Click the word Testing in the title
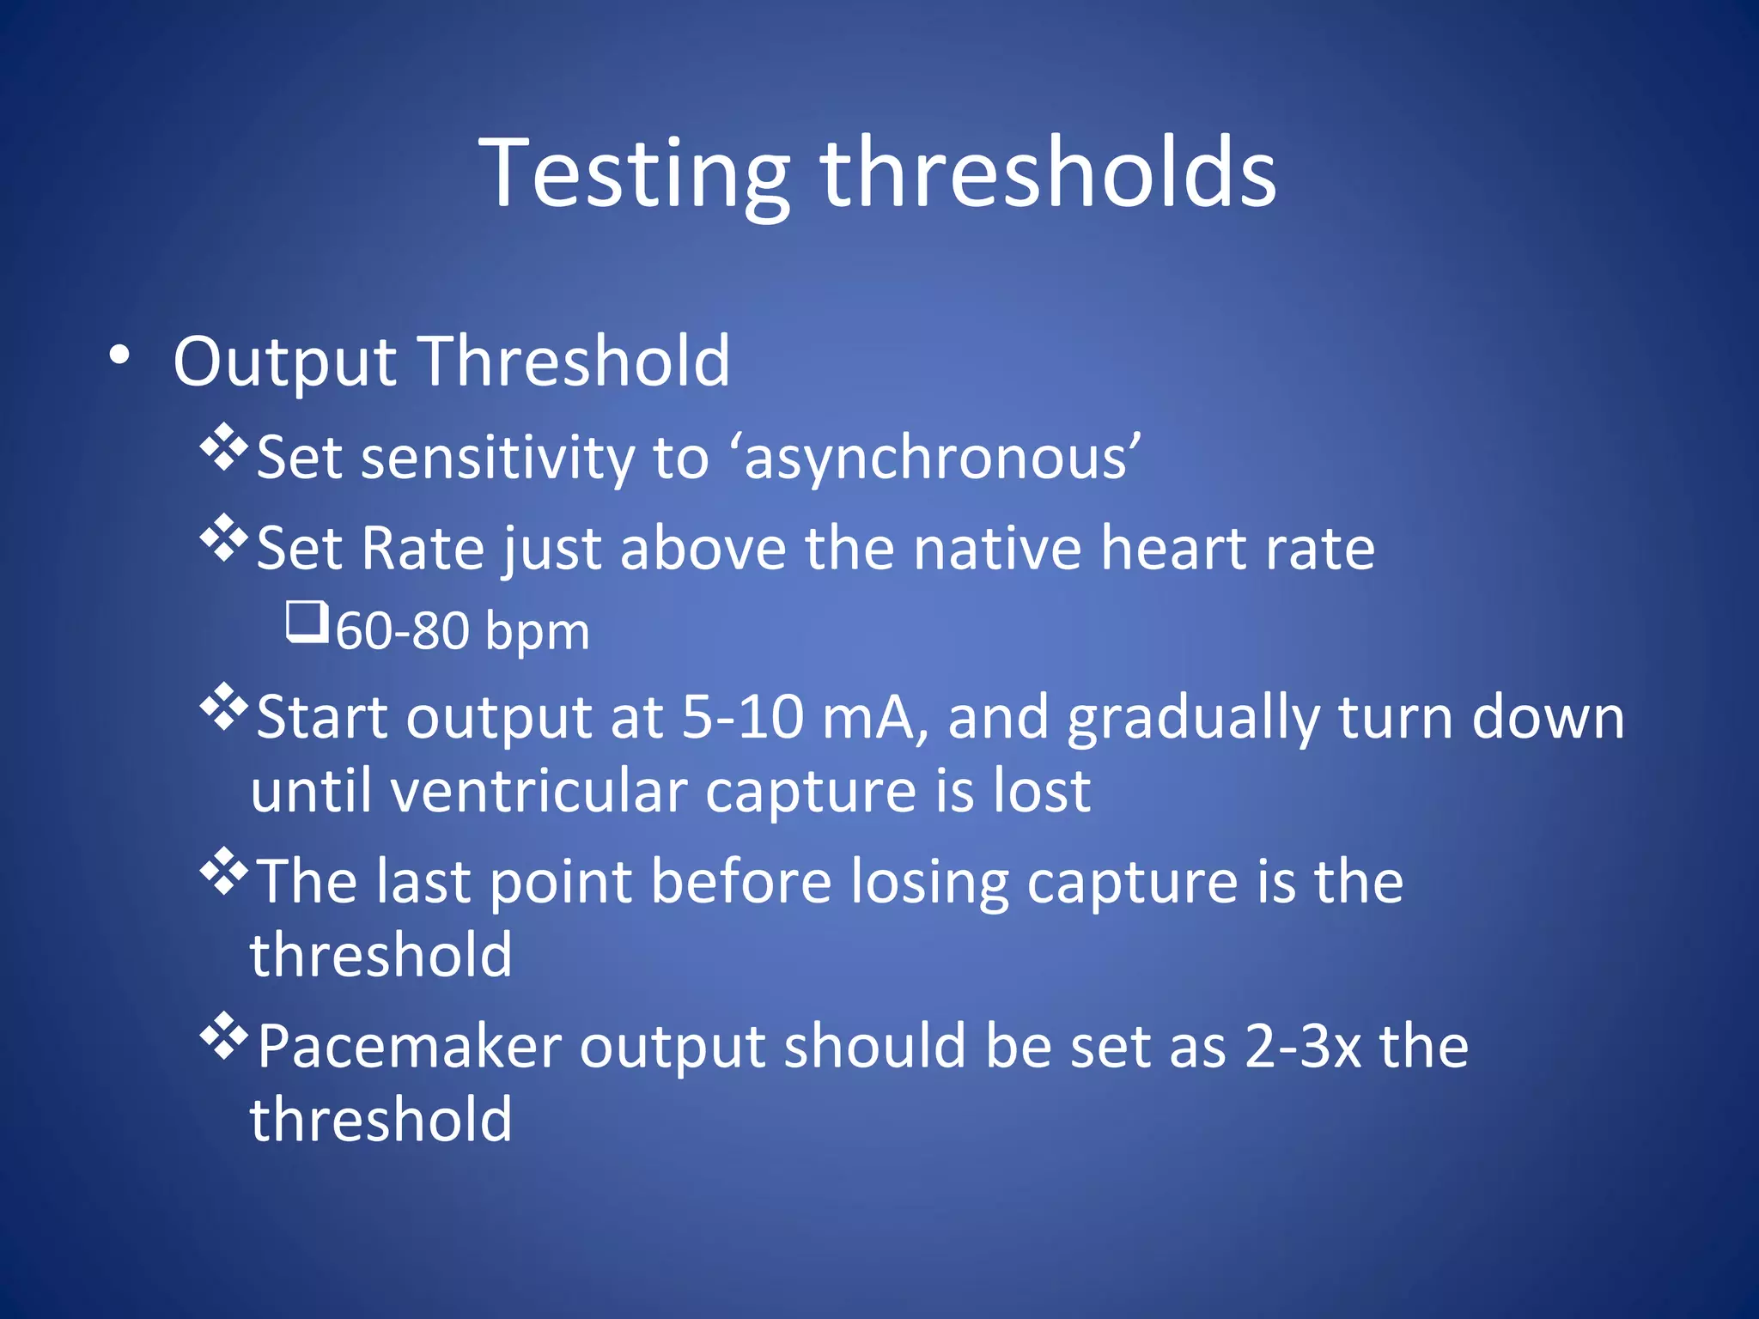634,176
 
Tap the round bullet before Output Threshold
120,356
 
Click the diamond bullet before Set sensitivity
223,447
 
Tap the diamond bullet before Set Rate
223,538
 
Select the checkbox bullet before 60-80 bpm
307,622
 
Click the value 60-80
402,631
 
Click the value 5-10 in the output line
743,717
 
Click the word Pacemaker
409,1047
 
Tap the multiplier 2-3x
1303,1047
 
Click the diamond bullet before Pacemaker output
223,1036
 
